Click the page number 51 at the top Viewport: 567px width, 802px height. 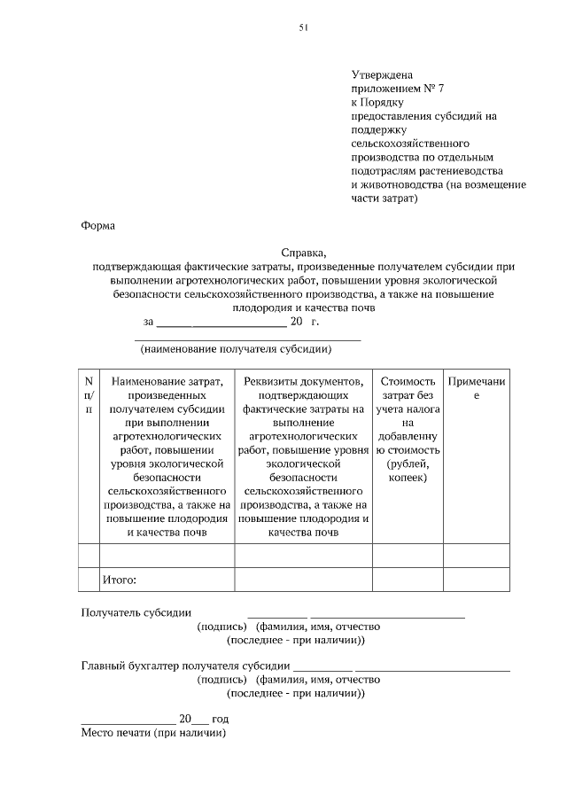[304, 28]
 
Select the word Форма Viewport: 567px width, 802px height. [97, 225]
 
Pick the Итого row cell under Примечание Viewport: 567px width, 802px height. [476, 580]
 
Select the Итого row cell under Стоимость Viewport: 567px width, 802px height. [407, 580]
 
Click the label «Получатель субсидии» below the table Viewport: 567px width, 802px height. [136, 612]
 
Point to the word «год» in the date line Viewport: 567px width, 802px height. [220, 720]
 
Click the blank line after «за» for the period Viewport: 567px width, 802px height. [221, 324]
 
